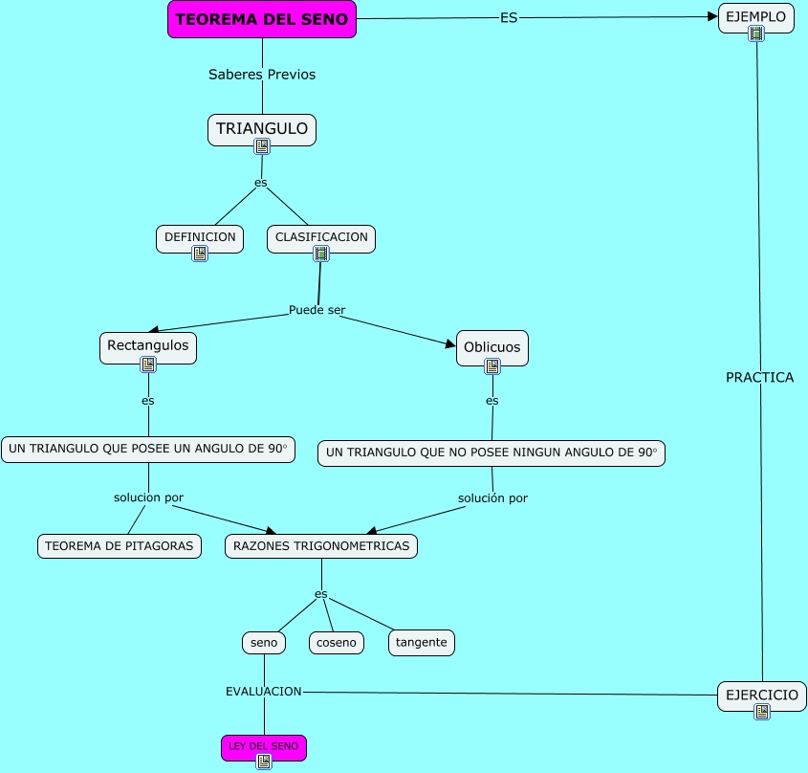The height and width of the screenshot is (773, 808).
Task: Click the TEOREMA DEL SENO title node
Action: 262,20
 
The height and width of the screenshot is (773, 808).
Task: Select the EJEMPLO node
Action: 755,17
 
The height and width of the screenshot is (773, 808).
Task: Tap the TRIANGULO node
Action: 262,128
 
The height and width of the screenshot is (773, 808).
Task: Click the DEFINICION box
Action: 200,237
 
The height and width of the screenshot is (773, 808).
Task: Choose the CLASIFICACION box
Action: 321,237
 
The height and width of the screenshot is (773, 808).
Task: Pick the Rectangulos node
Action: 148,344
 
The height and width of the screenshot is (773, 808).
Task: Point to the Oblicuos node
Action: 492,347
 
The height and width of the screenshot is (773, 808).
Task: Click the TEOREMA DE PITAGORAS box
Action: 120,546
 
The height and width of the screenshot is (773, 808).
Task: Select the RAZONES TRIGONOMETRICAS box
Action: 321,546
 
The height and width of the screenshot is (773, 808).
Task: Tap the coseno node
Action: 337,643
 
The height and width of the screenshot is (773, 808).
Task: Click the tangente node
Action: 422,643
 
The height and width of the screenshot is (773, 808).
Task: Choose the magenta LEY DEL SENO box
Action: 264,746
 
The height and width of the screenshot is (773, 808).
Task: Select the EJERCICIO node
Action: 761,695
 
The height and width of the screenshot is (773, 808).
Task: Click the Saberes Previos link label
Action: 262,75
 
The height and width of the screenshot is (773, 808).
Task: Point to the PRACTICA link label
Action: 759,378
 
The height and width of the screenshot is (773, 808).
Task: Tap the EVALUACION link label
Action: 264,691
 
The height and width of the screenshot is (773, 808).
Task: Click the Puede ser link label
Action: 317,310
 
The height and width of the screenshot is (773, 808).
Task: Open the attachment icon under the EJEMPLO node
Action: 756,33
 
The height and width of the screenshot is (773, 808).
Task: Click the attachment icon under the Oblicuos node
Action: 492,365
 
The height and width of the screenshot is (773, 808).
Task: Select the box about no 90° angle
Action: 491,453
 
